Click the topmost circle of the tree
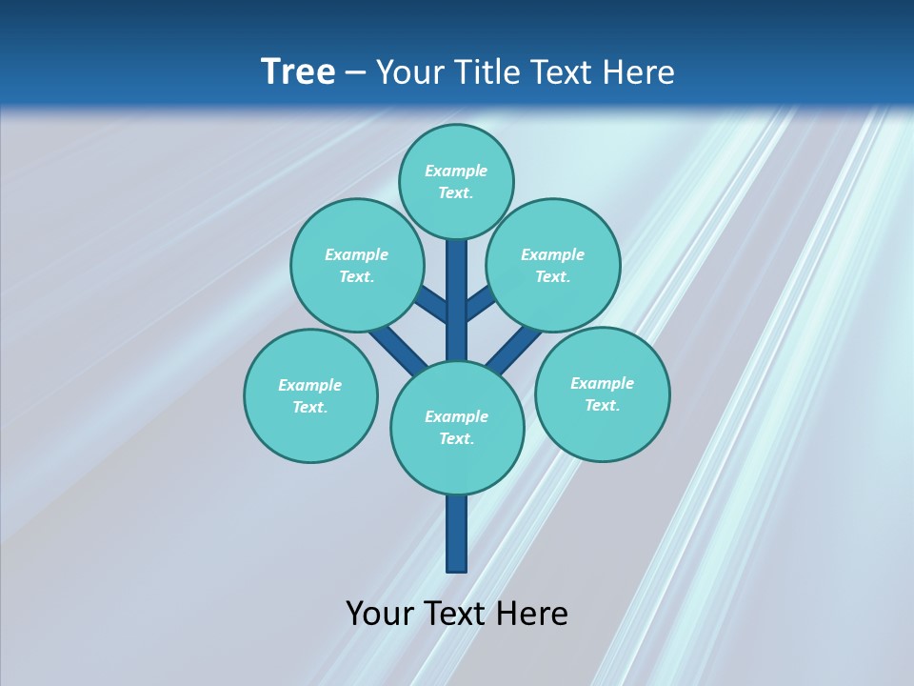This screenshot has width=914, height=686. pos(456,181)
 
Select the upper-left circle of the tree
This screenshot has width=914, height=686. pos(356,265)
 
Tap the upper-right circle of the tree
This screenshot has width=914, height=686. pos(553,265)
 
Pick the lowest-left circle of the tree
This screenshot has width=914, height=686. pos(310,395)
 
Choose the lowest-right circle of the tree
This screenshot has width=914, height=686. pos(602,393)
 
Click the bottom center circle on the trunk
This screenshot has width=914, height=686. pos(457,428)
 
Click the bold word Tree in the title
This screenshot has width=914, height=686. pos(298,71)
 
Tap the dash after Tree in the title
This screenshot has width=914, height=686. pos(356,72)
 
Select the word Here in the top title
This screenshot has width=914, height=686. pos(639,72)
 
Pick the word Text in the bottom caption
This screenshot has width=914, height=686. pos(457,613)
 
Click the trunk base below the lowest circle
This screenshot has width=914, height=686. pos(457,534)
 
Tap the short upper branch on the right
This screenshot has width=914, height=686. pos(479,303)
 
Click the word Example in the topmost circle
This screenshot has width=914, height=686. pos(456,171)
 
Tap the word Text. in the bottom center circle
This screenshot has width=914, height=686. pos(457,438)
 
